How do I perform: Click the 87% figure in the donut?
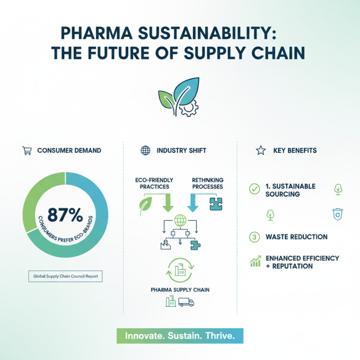tap(66, 215)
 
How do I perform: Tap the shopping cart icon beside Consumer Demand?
tap(27, 151)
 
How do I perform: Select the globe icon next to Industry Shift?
tap(145, 151)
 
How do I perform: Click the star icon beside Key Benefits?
tap(261, 151)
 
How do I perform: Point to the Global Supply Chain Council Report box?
tap(66, 275)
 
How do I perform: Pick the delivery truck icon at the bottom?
tap(186, 303)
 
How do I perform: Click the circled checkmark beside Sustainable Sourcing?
tap(254, 189)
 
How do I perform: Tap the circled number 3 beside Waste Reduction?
tap(254, 236)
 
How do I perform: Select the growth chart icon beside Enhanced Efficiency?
tap(255, 262)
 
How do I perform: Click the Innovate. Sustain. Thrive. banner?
tap(180, 336)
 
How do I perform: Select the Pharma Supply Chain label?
tap(180, 289)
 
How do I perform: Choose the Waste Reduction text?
tap(297, 237)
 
